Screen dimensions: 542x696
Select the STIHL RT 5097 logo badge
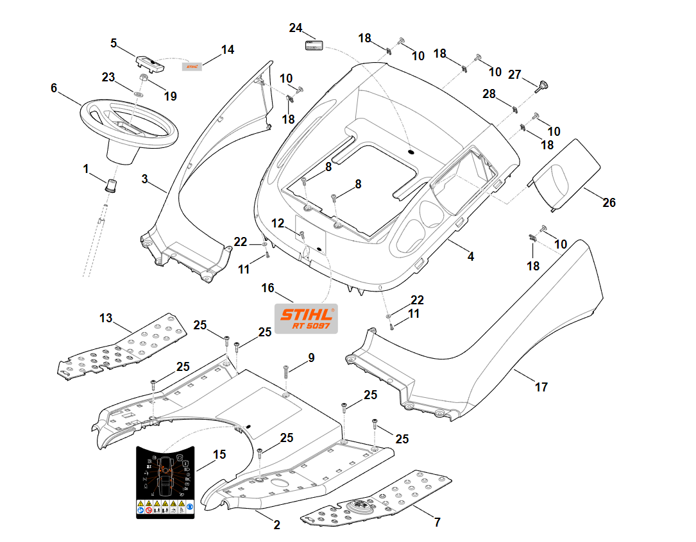click(306, 318)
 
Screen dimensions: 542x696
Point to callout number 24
click(296, 28)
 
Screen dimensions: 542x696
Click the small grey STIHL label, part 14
click(192, 65)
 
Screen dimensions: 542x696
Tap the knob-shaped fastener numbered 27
click(543, 86)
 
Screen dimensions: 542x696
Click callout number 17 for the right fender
click(541, 387)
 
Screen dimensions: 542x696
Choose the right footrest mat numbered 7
click(378, 497)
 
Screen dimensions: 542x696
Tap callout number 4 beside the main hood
click(471, 256)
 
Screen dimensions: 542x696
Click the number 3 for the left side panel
click(145, 179)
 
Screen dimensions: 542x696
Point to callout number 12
click(278, 223)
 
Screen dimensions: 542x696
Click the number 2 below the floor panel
click(277, 525)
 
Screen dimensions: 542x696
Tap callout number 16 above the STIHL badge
click(267, 289)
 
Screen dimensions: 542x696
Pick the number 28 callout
click(489, 94)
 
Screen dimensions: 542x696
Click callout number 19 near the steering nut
click(170, 96)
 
